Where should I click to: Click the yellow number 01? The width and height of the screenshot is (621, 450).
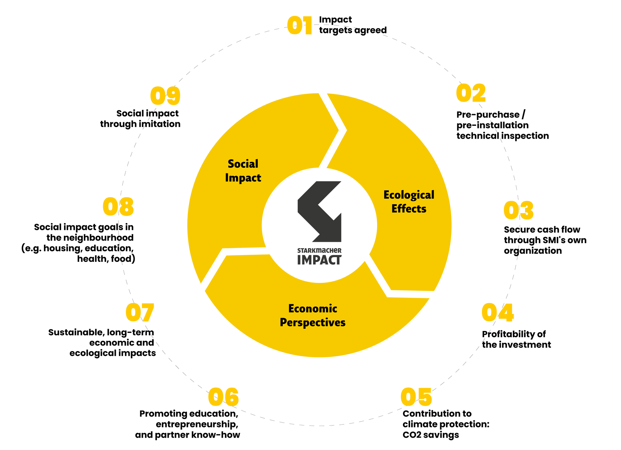pyautogui.click(x=300, y=26)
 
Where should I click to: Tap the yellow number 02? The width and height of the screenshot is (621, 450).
pyautogui.click(x=471, y=93)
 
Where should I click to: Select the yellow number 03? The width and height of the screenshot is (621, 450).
pyautogui.click(x=518, y=210)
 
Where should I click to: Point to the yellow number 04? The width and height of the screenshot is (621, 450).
pyautogui.click(x=497, y=313)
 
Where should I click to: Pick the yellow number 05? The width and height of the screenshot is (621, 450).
pyautogui.click(x=416, y=397)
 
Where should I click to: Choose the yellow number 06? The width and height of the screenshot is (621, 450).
pyautogui.click(x=223, y=397)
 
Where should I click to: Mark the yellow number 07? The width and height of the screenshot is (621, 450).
pyautogui.click(x=140, y=313)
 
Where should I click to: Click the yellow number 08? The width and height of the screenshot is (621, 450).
pyautogui.click(x=118, y=207)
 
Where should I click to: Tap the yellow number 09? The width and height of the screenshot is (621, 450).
pyautogui.click(x=165, y=96)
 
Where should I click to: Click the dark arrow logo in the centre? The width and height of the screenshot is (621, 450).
pyautogui.click(x=320, y=211)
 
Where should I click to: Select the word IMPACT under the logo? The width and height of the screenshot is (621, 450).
pyautogui.click(x=319, y=260)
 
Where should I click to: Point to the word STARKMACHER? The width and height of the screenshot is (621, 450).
pyautogui.click(x=319, y=251)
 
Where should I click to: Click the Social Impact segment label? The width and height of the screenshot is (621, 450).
pyautogui.click(x=243, y=171)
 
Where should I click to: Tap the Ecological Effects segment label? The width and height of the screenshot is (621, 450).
pyautogui.click(x=409, y=202)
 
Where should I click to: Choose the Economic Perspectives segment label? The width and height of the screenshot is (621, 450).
pyautogui.click(x=312, y=316)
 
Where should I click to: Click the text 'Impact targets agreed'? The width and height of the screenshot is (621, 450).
pyautogui.click(x=353, y=25)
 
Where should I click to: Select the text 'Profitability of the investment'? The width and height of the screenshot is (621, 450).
pyautogui.click(x=516, y=339)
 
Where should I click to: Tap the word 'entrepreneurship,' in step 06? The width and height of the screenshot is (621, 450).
pyautogui.click(x=197, y=424)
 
